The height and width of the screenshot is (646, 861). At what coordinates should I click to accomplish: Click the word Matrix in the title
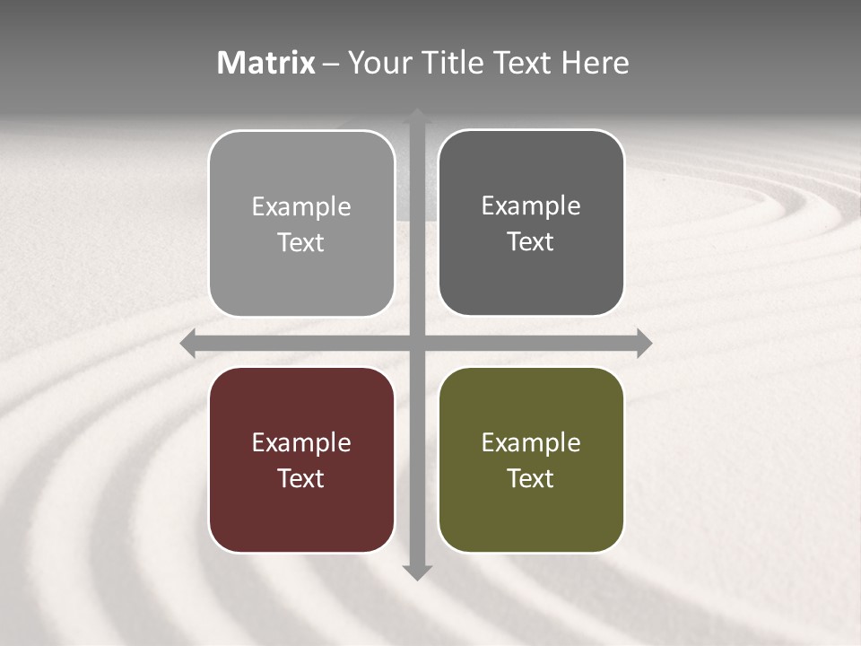pos(266,63)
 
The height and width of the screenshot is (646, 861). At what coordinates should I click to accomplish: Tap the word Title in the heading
pos(453,63)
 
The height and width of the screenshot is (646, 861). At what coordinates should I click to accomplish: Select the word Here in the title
pos(596,63)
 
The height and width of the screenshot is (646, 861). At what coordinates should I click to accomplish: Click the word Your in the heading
pos(379,63)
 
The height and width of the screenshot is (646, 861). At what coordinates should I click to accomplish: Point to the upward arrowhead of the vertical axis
pos(416,117)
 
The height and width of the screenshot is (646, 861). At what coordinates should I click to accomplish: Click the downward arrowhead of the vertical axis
pos(416,572)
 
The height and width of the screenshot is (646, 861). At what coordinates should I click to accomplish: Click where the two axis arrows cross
pos(416,343)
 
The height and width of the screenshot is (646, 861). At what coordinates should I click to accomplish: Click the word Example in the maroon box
pos(301,442)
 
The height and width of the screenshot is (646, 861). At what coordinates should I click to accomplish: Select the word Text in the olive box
pos(531,478)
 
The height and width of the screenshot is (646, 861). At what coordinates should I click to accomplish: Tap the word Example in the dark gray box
pos(531,206)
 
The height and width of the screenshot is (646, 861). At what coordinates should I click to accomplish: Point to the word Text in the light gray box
pos(301,242)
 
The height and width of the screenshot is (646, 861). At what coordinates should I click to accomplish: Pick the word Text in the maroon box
pos(301,478)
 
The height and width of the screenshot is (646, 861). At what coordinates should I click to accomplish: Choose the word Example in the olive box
pos(531,442)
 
